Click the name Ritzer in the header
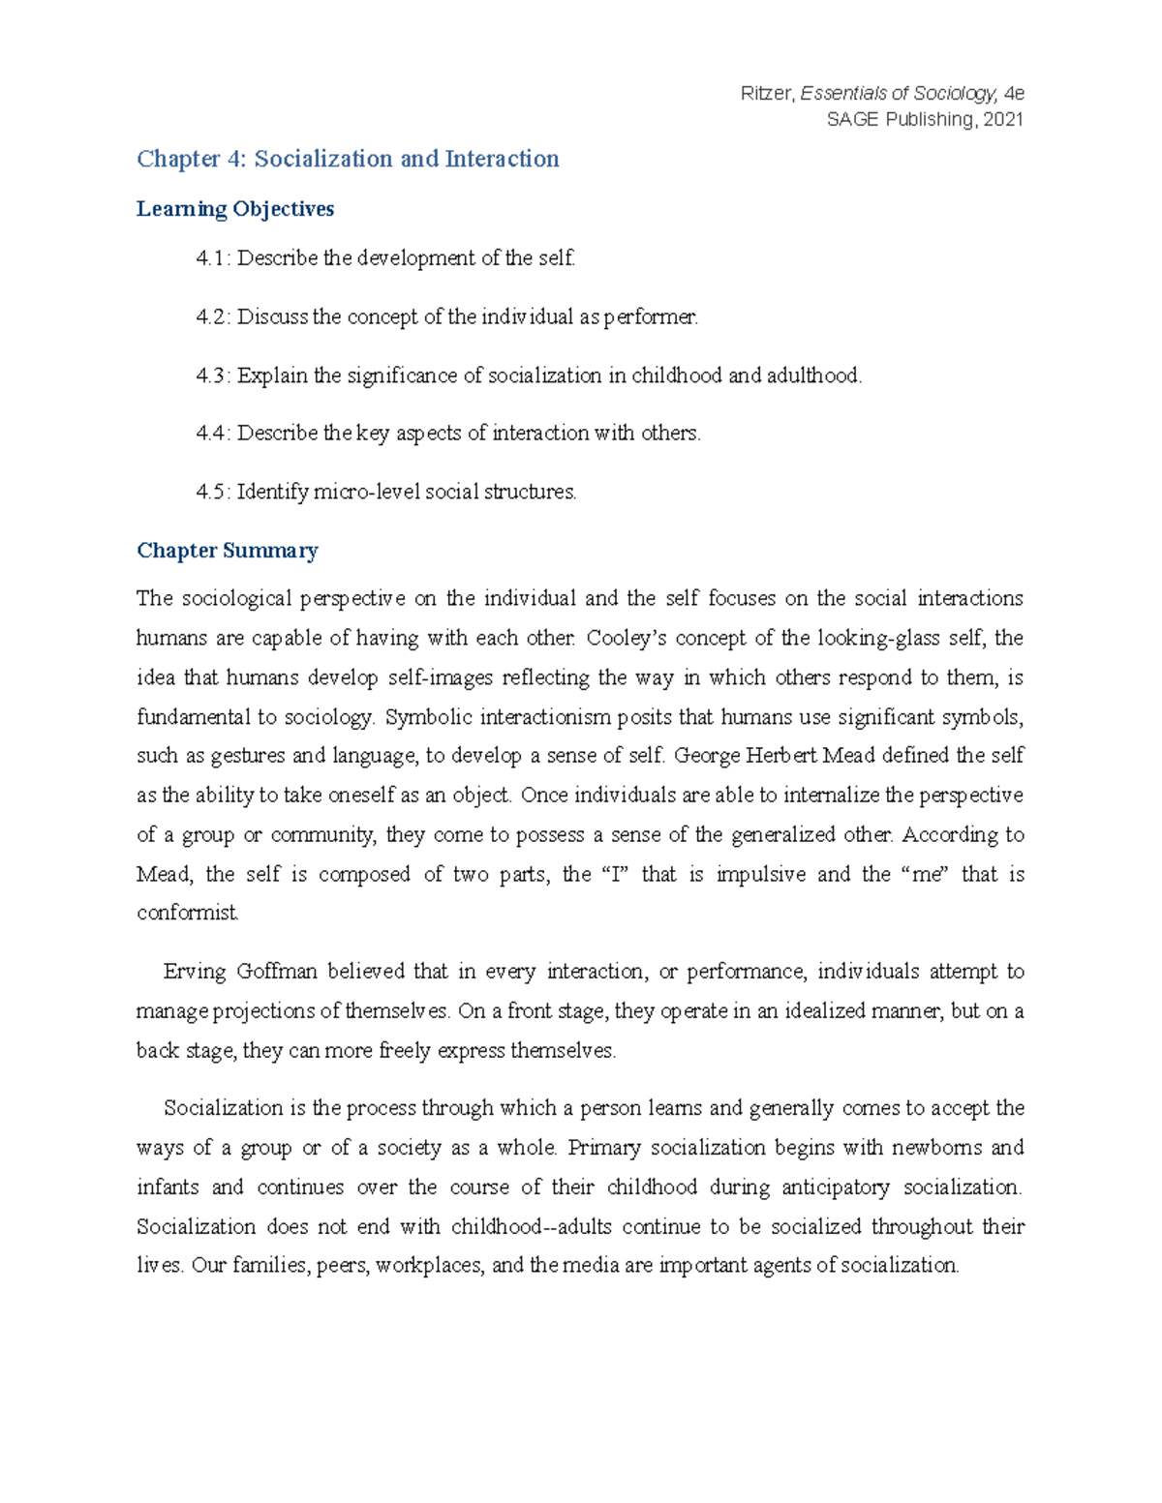coord(766,94)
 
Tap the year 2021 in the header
coord(1003,119)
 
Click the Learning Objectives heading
coord(235,209)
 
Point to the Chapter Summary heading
coord(228,551)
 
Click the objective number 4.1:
coord(213,258)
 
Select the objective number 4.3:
coord(213,376)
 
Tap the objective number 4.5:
coord(213,492)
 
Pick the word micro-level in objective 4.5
coord(359,492)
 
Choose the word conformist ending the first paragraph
coord(187,913)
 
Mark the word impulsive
coord(760,874)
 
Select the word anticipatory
coord(835,1187)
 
